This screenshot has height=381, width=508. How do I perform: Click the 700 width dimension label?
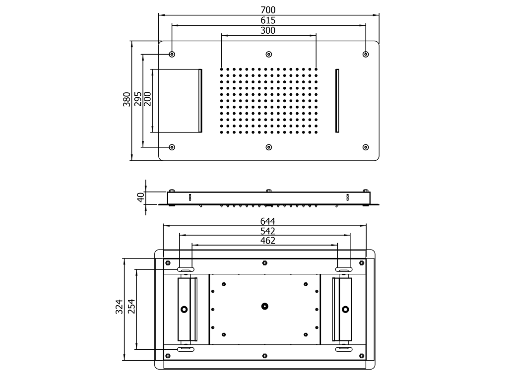[x=268, y=10]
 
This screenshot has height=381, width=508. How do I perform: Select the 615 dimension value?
[x=268, y=20]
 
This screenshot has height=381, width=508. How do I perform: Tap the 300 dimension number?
[x=268, y=30]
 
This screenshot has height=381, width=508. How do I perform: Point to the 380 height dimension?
[x=127, y=99]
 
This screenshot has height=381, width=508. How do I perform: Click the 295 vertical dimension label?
[x=138, y=99]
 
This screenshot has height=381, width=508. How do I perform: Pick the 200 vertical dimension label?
[x=147, y=99]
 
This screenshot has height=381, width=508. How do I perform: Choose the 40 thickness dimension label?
[x=141, y=197]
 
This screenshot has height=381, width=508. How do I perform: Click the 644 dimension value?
[x=267, y=221]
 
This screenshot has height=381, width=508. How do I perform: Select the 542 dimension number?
[x=267, y=231]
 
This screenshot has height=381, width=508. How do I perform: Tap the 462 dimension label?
[x=267, y=241]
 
